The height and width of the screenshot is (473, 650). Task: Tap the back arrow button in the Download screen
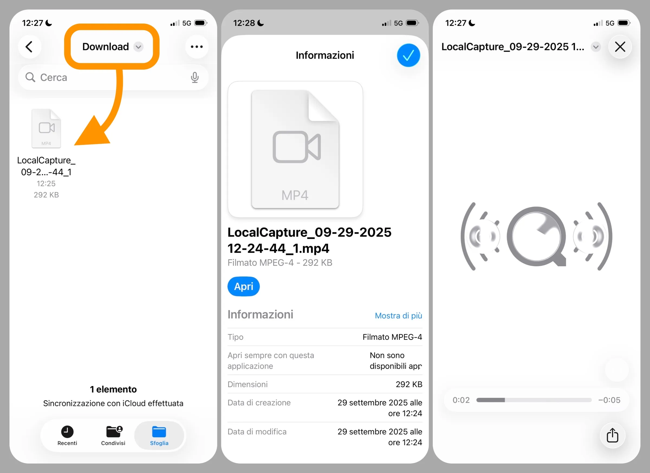click(x=30, y=47)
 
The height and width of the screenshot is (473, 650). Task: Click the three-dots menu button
click(x=197, y=47)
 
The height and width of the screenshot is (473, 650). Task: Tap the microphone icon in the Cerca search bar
click(x=195, y=77)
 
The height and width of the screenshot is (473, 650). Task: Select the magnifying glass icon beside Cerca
click(x=30, y=77)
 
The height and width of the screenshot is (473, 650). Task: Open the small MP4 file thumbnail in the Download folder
click(x=46, y=128)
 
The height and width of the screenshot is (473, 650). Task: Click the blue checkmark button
click(x=408, y=55)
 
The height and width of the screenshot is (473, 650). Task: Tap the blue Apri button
click(x=243, y=286)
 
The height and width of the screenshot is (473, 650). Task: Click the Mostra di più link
click(x=398, y=315)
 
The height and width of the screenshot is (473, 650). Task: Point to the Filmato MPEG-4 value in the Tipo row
click(x=392, y=337)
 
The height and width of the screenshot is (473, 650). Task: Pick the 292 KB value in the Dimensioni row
click(x=409, y=384)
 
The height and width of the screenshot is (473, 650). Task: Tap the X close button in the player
click(x=620, y=47)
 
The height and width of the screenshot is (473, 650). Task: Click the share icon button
click(x=612, y=435)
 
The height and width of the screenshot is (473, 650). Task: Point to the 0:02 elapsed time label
click(x=461, y=400)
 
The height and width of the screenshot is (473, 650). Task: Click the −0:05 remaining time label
click(x=609, y=400)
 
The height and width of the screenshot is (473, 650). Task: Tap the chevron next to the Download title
click(x=138, y=47)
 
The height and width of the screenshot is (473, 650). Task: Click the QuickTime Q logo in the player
click(x=536, y=236)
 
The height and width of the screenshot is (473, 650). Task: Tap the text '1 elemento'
click(x=113, y=389)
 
